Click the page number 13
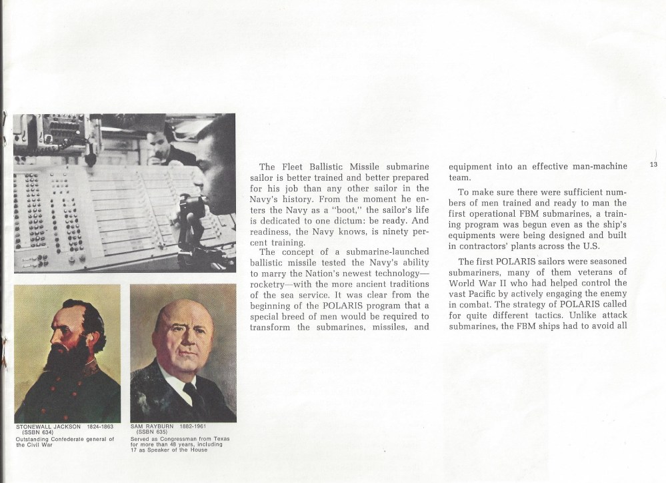click(x=653, y=165)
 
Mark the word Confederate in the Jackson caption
click(x=71, y=438)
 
